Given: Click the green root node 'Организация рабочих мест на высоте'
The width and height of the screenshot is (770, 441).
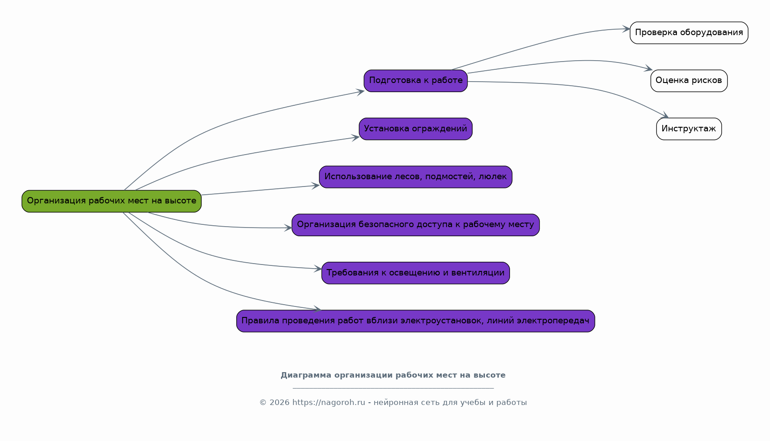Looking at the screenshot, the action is click(x=111, y=201).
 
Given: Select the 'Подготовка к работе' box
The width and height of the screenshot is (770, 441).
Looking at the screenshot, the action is click(x=416, y=81).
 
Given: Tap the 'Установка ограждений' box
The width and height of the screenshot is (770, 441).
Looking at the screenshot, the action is click(x=416, y=129).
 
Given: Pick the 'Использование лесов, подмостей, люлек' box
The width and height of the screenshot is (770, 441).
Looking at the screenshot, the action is click(x=416, y=177).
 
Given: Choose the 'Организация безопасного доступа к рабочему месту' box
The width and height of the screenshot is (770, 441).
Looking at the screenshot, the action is click(x=416, y=225).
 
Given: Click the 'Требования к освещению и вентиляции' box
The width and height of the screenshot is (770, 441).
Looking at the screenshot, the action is click(x=416, y=273).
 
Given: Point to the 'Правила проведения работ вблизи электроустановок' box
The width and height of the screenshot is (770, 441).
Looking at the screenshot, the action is click(x=416, y=321).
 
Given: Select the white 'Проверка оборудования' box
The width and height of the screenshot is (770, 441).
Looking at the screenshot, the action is click(x=689, y=33).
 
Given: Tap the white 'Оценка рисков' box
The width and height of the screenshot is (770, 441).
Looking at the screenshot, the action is click(x=689, y=81).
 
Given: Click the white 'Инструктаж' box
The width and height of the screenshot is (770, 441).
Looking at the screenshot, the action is click(x=689, y=129).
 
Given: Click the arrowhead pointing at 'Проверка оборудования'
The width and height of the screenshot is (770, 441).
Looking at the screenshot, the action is click(x=626, y=29).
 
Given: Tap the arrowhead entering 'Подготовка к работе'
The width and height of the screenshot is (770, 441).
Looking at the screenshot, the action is click(x=360, y=92).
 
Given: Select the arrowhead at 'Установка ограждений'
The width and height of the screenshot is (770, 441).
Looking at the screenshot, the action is click(x=355, y=137).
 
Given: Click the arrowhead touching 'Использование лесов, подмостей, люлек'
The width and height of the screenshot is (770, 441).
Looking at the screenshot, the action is click(x=316, y=186).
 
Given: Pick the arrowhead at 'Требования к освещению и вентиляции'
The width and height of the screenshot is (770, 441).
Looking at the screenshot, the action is click(x=318, y=269).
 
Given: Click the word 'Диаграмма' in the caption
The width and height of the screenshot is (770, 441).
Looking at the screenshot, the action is click(x=306, y=375).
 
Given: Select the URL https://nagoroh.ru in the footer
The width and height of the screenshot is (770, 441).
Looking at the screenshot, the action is click(x=328, y=403).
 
